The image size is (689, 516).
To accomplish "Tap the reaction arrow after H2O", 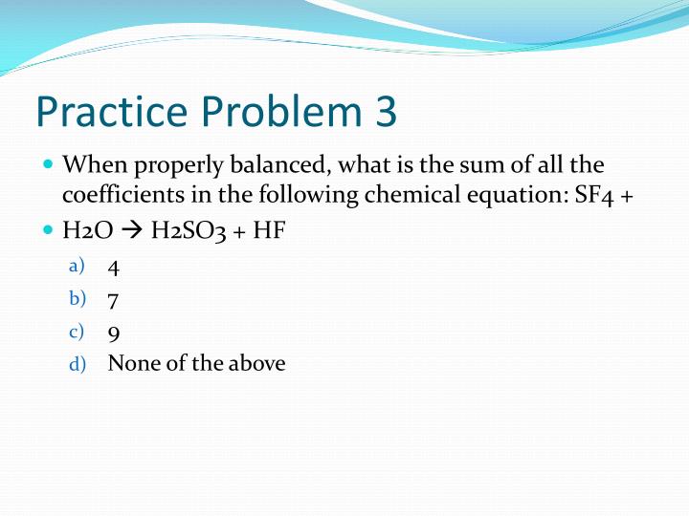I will (x=135, y=232).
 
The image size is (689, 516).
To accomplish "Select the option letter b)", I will (x=77, y=299).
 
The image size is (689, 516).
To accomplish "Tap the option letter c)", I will (x=77, y=332).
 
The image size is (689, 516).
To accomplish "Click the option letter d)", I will (x=77, y=364).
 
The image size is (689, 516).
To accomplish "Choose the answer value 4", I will (x=114, y=268).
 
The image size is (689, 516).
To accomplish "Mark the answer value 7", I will (x=114, y=300).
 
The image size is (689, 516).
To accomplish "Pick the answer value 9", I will (x=114, y=333).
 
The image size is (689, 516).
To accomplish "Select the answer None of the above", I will (x=196, y=363).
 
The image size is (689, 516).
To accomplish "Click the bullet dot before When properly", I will (x=49, y=163).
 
